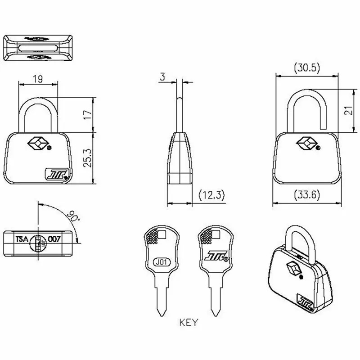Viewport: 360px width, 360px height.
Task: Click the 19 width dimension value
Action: pyautogui.click(x=38, y=79)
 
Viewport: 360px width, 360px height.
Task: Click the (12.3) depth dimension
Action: pyautogui.click(x=211, y=195)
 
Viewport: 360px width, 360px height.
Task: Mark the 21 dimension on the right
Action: pyautogui.click(x=347, y=111)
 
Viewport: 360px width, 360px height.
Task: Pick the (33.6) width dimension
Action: pyautogui.click(x=306, y=195)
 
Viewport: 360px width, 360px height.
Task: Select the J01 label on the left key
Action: pyautogui.click(x=162, y=261)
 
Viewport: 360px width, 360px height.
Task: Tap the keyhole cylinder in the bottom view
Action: pyautogui.click(x=39, y=242)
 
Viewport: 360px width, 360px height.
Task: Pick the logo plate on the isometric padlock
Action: pyautogui.click(x=306, y=299)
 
